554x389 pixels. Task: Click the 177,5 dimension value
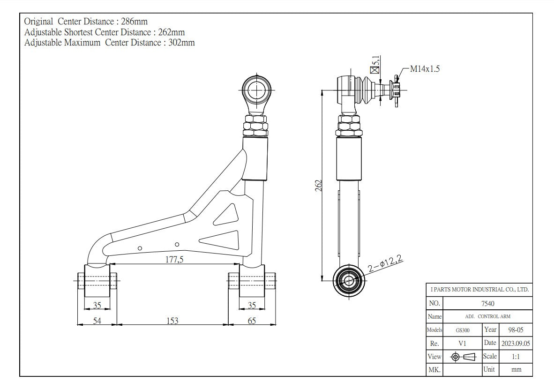point(174,260)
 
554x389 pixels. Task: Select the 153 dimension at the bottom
point(172,321)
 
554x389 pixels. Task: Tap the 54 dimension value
point(97,321)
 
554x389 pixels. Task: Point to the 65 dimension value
point(252,321)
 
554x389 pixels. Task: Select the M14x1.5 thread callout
point(425,69)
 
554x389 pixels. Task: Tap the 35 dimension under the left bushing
point(97,306)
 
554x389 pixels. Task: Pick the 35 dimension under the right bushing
point(252,306)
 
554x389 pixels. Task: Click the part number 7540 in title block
point(487,303)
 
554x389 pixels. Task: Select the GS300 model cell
point(462,330)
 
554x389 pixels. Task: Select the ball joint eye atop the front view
point(256,89)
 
